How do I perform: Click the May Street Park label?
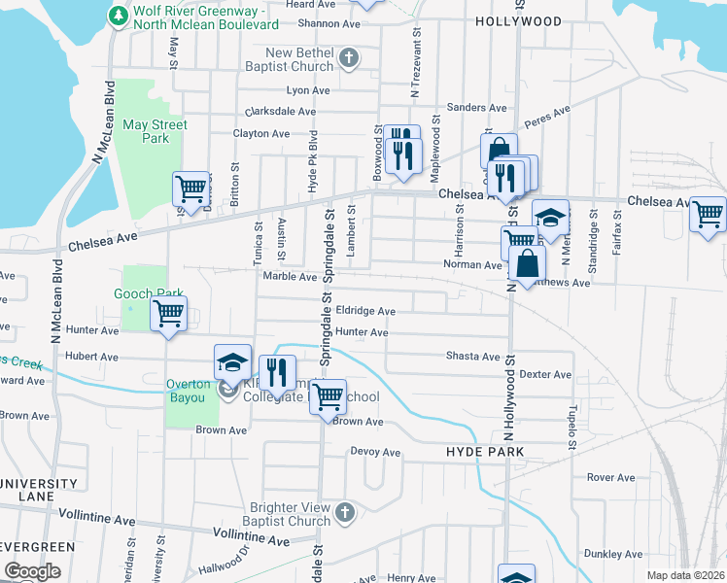point(156,131)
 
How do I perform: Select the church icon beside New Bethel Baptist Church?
point(350,59)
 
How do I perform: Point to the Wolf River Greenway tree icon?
point(118,16)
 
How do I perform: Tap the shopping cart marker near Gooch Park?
point(169,314)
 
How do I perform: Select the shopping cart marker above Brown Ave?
point(329,395)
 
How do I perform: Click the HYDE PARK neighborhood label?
point(485,452)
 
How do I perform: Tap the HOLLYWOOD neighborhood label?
point(518,20)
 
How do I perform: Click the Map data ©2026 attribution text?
point(685,575)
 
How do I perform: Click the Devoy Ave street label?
point(375,452)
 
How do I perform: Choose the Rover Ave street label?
point(610,477)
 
